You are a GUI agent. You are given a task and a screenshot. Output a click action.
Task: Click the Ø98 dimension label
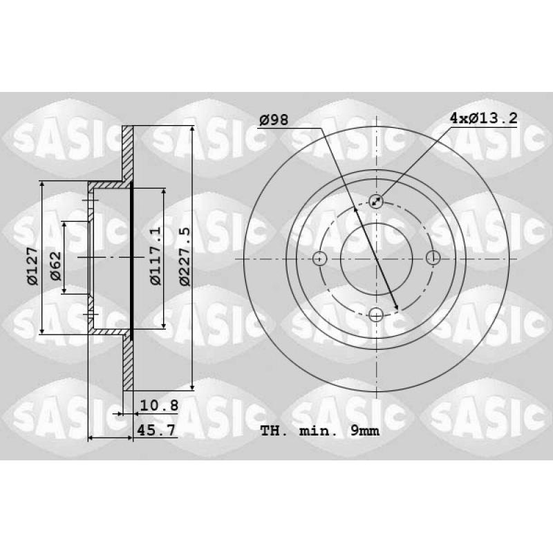coord(274,120)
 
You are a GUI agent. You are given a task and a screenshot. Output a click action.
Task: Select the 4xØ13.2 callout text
coord(483,118)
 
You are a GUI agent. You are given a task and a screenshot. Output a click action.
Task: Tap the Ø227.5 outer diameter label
coord(184,256)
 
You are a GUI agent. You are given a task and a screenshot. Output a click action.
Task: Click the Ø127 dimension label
coord(32,266)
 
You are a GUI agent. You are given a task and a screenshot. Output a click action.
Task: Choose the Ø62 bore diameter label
coord(56,266)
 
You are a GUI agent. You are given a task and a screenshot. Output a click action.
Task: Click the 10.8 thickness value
coord(159,406)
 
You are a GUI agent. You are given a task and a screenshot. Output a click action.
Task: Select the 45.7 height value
coord(156,430)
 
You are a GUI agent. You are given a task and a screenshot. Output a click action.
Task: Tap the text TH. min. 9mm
coord(320,431)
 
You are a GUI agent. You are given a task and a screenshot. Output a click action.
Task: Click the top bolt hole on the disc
coord(376,202)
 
